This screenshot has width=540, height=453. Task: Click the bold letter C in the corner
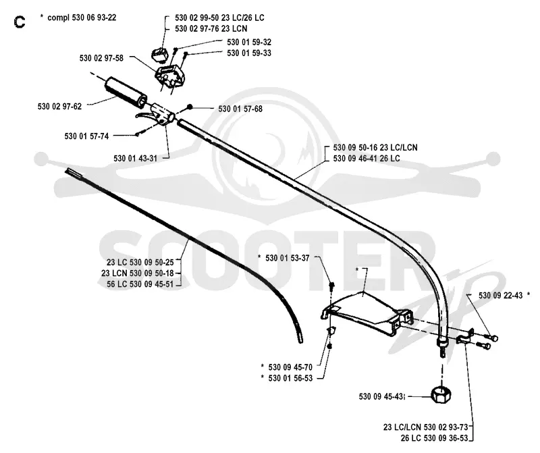(20, 22)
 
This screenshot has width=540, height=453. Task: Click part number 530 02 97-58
(101, 58)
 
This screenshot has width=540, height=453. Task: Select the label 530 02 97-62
(59, 107)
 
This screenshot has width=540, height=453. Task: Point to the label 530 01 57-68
(240, 109)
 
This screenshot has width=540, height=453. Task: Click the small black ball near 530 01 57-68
(189, 107)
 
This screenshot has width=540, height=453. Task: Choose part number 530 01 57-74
(86, 136)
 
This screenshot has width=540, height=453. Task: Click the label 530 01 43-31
(136, 159)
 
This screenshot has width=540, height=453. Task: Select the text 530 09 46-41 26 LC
(367, 159)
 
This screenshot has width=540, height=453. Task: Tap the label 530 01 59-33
(249, 53)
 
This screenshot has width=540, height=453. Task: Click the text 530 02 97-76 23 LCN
(211, 28)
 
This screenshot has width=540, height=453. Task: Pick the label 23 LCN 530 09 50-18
(138, 273)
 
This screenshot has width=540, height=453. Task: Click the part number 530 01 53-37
(288, 258)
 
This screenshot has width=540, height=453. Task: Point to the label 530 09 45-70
(290, 367)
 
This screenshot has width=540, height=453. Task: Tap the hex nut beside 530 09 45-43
(441, 395)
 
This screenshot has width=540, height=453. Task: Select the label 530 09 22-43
(500, 296)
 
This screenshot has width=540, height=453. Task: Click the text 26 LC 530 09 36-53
(434, 438)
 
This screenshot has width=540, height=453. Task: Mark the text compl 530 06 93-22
(82, 18)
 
